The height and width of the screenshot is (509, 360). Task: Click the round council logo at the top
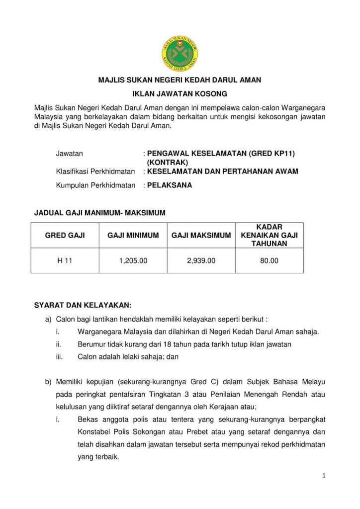point(180,52)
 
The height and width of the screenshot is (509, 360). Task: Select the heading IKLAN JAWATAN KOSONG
point(180,93)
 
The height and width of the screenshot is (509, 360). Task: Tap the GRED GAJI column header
point(65,236)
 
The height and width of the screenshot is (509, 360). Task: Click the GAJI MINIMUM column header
point(133,236)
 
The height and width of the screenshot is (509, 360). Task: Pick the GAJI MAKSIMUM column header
point(201,236)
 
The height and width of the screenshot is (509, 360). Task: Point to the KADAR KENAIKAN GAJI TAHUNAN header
point(269,236)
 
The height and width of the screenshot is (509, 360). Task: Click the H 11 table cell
point(65,260)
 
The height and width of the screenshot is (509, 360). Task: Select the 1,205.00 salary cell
point(133,260)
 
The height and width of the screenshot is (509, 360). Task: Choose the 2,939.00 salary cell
point(201,260)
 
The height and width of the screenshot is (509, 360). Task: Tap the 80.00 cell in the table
point(269,260)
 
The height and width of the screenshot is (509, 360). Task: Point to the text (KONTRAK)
point(168,163)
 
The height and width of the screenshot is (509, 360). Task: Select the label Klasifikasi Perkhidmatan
point(95,171)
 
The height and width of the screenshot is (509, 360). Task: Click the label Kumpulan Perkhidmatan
point(95,185)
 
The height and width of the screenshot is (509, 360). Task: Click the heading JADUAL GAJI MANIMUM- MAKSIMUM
point(99,213)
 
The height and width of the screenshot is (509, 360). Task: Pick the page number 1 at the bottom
point(324,476)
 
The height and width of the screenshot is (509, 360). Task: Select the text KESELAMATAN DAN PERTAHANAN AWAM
point(223,171)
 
